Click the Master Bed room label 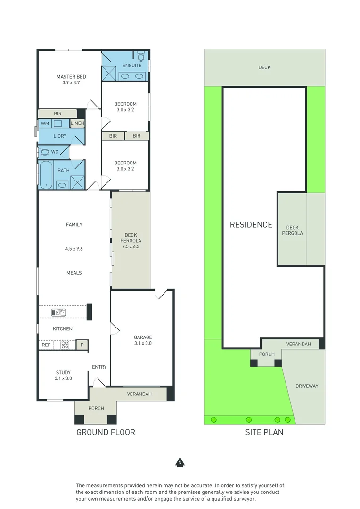tap(71, 77)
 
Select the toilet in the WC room tap(45, 152)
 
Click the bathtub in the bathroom tap(46, 174)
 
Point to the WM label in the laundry tap(45, 123)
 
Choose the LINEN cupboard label tap(77, 123)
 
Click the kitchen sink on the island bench tap(59, 312)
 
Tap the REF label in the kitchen tap(46, 345)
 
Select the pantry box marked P tap(82, 345)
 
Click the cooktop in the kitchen tap(65, 345)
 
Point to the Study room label tap(63, 373)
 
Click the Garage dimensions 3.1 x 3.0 tap(143, 343)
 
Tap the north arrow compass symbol tap(180, 462)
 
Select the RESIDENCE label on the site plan tap(251, 225)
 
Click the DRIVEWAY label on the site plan tap(307, 386)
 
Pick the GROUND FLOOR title tap(106, 432)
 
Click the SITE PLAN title tap(264, 432)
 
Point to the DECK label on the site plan tap(264, 67)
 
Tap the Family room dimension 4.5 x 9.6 tap(74, 249)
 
